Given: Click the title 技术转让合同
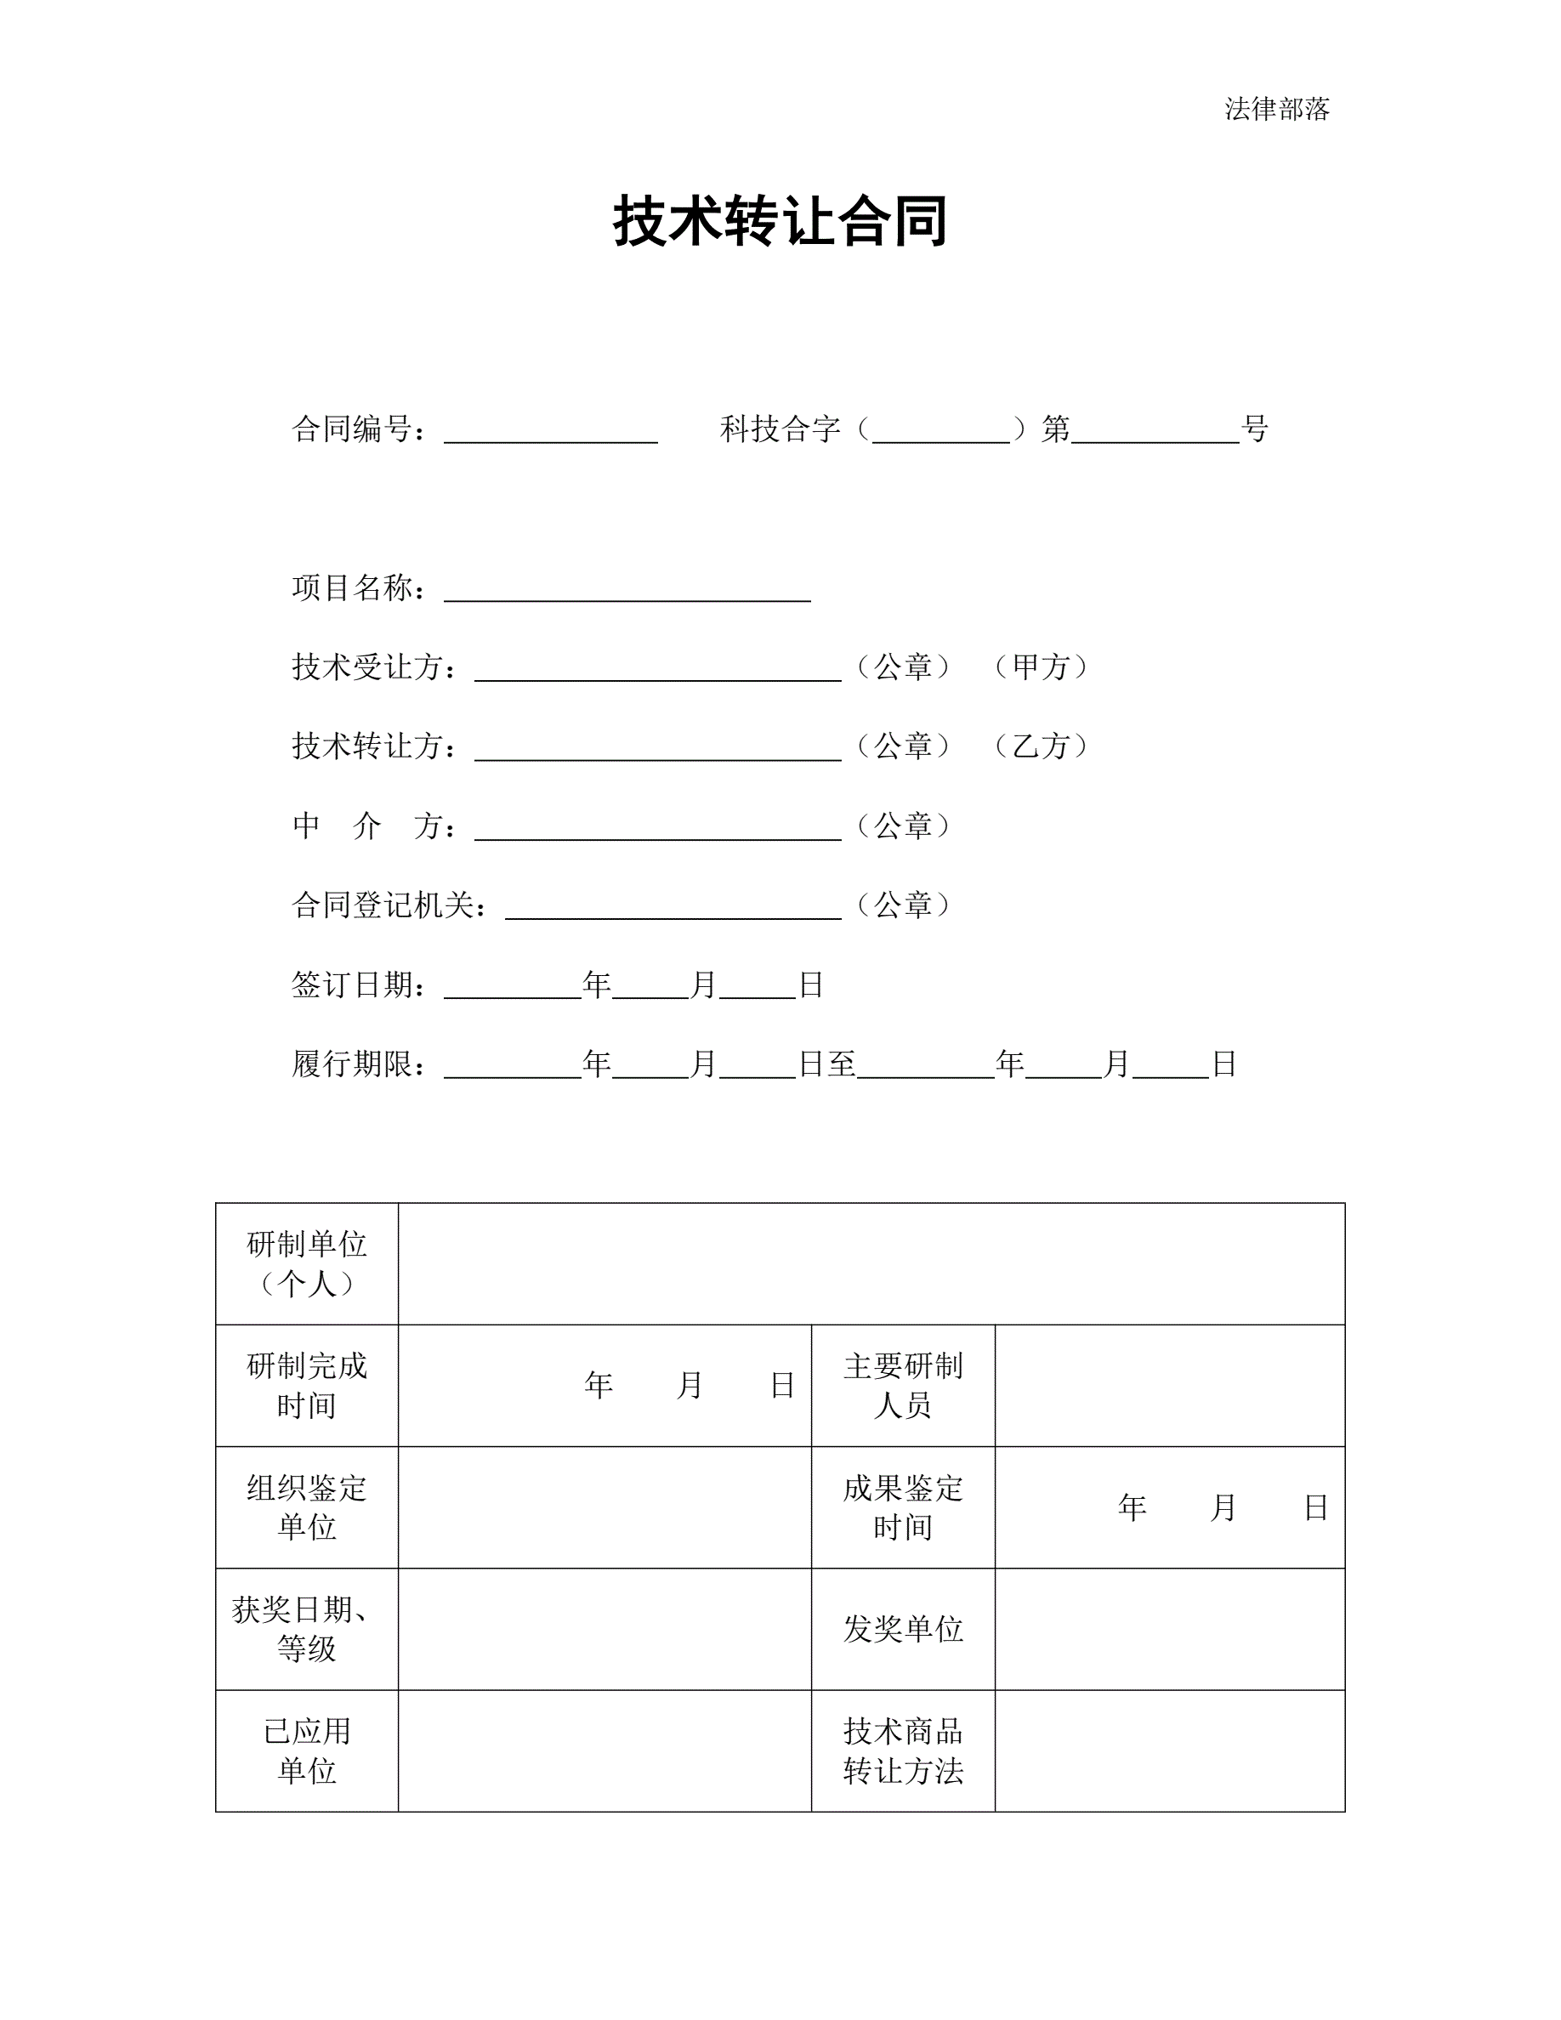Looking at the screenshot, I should pos(780,222).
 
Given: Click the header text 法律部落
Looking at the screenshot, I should pos(1276,109).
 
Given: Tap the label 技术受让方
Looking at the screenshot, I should pos(372,667).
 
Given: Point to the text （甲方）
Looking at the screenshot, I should pos(1042,667).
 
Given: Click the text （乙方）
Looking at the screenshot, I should pos(1042,746).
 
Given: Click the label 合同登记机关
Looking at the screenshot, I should pos(389,905).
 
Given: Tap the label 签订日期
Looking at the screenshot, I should pos(358,984).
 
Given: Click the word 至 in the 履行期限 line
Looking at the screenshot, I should pos(842,1064).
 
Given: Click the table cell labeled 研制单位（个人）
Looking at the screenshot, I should pos(307,1263).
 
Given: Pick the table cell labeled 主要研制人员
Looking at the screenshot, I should pos(903,1386).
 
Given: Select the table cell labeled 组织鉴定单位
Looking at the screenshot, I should pos(307,1507).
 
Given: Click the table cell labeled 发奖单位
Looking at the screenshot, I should pos(903,1629).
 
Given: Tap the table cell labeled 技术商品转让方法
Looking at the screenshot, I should pos(903,1750).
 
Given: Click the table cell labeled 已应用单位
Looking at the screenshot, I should pos(307,1750).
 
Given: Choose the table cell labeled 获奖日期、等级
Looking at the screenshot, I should pos(307,1629).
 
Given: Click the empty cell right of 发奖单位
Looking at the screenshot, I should pos(1169,1629).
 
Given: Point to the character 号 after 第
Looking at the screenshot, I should pos(1254,428).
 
